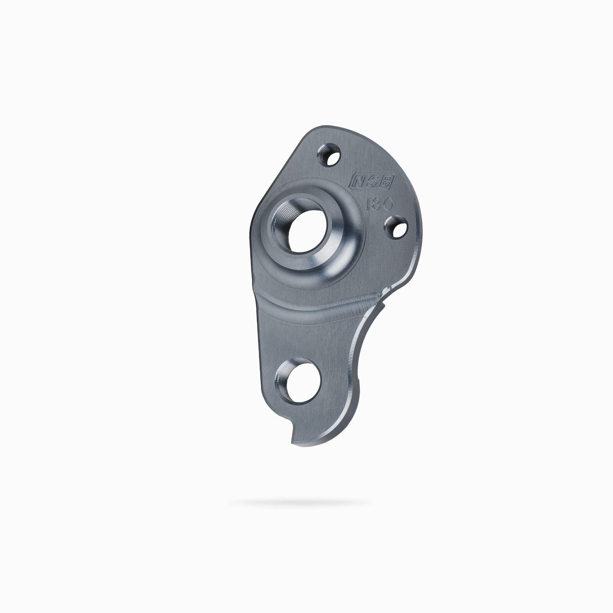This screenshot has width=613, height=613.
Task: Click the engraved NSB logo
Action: (372, 181)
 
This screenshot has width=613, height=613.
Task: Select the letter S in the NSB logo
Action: (372, 181)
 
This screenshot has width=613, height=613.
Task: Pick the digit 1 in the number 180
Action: (368, 204)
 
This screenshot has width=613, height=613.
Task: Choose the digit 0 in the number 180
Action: (388, 204)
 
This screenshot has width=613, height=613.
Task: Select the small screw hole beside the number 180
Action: (396, 227)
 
